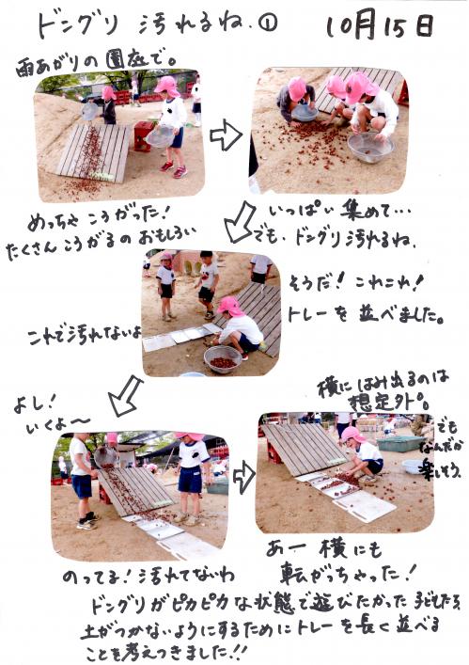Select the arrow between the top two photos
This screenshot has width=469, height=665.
tap(226, 135)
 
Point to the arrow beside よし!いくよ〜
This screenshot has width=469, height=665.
tap(125, 396)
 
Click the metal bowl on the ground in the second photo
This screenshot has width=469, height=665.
tap(368, 146)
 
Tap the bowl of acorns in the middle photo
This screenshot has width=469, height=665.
tap(222, 358)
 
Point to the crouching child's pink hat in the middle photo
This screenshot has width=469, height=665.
tap(229, 307)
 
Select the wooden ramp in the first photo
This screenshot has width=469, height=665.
tap(93, 152)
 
